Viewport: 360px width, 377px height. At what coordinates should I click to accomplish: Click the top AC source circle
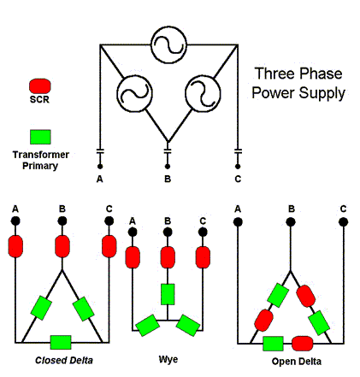coord(168,45)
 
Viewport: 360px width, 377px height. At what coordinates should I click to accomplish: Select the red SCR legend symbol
coord(40,86)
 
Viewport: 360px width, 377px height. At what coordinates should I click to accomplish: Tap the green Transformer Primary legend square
coord(40,137)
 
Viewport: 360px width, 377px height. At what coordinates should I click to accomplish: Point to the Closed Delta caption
coord(64,360)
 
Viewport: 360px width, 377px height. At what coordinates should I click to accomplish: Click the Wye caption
coord(168,359)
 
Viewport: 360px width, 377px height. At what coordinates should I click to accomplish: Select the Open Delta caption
coord(297,362)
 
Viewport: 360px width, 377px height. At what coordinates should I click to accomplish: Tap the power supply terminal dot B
coord(168,166)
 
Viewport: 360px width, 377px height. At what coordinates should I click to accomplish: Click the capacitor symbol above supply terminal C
coord(238,151)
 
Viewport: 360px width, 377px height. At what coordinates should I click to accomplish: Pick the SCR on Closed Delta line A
coord(15,246)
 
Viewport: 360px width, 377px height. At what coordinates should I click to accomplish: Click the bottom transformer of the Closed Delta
coord(61,342)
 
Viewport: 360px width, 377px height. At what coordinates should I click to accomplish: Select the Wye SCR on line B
coord(168,257)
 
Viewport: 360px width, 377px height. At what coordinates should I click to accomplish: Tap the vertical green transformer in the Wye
coord(168,294)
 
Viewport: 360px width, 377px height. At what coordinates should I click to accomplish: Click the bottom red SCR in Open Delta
coord(303,344)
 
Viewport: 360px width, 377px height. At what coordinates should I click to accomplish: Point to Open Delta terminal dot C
coord(344,221)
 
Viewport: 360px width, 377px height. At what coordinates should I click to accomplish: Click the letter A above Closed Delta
coord(15,209)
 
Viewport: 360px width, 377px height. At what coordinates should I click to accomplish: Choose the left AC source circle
coord(134,93)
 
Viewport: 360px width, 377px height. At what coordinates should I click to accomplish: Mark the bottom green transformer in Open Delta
coord(273,344)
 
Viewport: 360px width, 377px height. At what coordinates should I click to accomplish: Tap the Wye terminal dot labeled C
coord(203,233)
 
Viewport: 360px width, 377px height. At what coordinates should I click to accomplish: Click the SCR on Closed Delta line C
coord(109,246)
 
